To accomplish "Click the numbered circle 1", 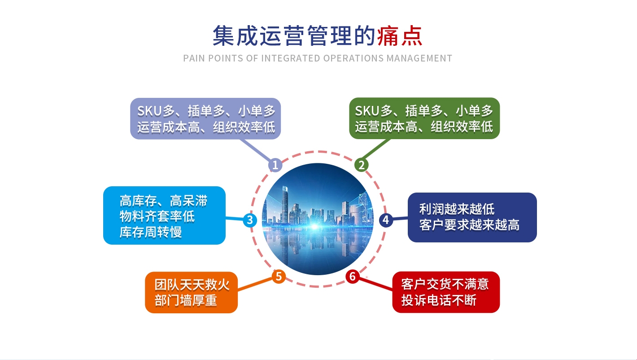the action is [275, 165].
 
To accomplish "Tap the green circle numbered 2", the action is [362, 165].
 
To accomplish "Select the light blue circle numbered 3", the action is [250, 220].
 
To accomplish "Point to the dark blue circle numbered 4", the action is [386, 220].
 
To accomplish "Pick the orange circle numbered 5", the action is [279, 277].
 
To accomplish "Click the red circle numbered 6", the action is [353, 277].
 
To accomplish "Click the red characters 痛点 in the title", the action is [400, 36].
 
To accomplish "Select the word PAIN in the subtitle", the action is [194, 58].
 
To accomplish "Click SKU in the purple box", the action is [149, 111].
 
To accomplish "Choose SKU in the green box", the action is [367, 111].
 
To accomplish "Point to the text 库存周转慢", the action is [151, 232].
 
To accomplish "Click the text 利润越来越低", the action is [457, 209].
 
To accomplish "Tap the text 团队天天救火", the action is [192, 285].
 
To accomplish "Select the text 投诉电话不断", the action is [439, 300].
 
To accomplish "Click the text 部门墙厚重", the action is [186, 300].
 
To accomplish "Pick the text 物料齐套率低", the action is [157, 216].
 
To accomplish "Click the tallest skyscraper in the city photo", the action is [284, 204].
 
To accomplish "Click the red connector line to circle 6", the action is [376, 284].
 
